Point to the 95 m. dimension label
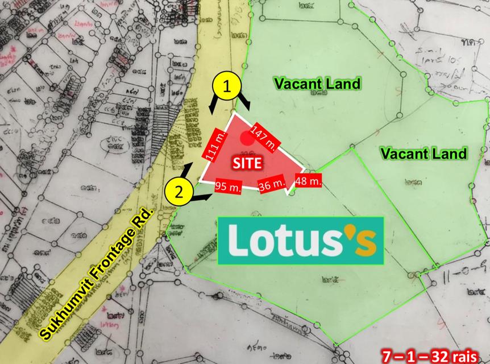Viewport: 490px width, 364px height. pyautogui.click(x=229, y=186)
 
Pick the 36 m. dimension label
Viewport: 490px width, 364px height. pyautogui.click(x=273, y=185)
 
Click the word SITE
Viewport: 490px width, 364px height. pyautogui.click(x=246, y=163)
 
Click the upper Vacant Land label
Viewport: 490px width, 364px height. pyautogui.click(x=318, y=84)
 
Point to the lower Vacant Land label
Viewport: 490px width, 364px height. pyautogui.click(x=423, y=153)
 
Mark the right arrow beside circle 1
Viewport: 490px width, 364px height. pyautogui.click(x=246, y=102)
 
